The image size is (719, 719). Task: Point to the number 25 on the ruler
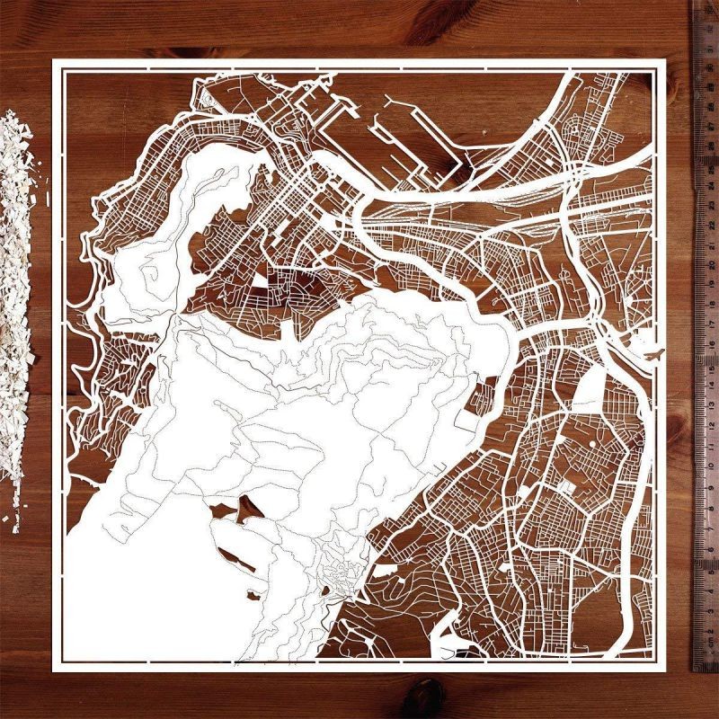click(710, 157)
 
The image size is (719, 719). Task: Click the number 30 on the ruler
click(710, 54)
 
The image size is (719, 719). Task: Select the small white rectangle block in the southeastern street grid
click(566, 486)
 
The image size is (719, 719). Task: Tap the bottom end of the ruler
click(706, 672)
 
